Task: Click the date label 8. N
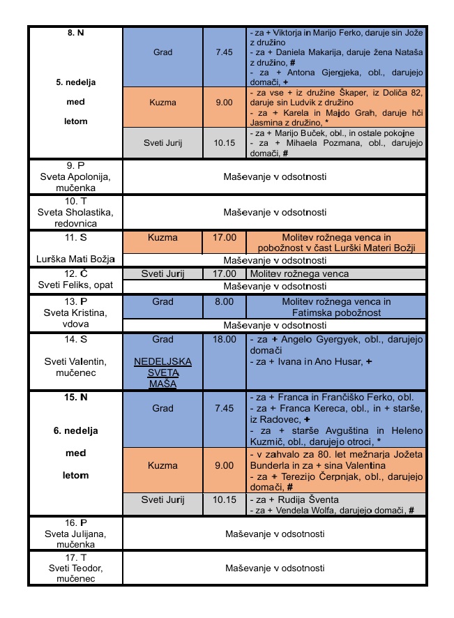click(76, 33)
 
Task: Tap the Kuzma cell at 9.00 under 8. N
click(162, 102)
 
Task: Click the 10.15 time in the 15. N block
click(224, 499)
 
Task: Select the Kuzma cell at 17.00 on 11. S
click(162, 238)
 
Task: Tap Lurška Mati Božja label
click(76, 259)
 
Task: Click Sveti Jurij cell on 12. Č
click(162, 273)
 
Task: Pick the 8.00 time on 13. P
click(224, 302)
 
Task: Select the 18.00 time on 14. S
click(224, 339)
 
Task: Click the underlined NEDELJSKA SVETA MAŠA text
click(162, 373)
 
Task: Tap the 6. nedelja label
click(76, 431)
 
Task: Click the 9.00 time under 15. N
click(224, 465)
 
